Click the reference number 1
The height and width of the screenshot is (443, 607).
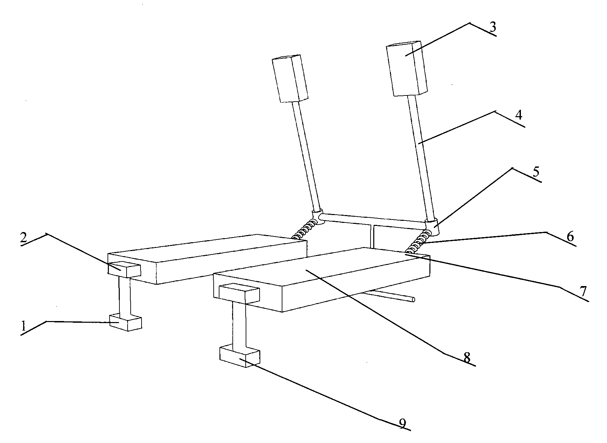(x=23, y=326)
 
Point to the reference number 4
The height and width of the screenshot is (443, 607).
(x=518, y=116)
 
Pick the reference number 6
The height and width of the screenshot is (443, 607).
(x=570, y=236)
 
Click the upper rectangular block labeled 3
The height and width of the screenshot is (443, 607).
(x=407, y=69)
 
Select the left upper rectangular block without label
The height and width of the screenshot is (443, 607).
(x=290, y=78)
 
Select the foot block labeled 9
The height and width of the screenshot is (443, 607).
(x=240, y=356)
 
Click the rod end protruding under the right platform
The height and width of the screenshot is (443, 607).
(x=412, y=299)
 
